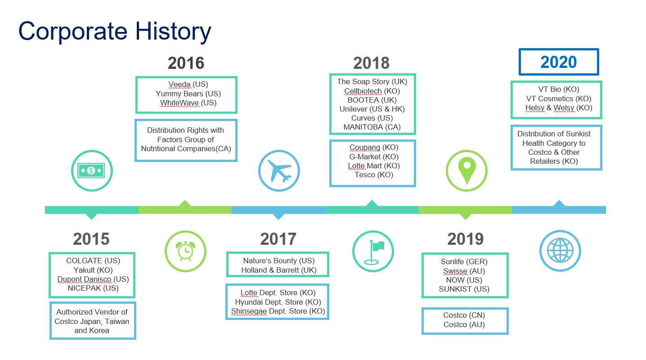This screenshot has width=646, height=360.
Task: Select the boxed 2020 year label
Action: pyautogui.click(x=559, y=62)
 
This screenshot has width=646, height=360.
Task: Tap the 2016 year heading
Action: pyautogui.click(x=186, y=63)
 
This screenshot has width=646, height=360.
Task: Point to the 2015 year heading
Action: pyautogui.click(x=91, y=239)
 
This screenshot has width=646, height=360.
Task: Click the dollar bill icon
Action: pyautogui.click(x=91, y=171)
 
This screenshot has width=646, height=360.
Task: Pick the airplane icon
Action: pyautogui.click(x=279, y=171)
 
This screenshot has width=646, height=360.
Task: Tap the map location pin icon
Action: pyautogui.click(x=467, y=171)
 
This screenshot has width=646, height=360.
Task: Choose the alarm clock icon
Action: pyautogui.click(x=185, y=251)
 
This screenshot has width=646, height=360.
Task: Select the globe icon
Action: pyautogui.click(x=560, y=250)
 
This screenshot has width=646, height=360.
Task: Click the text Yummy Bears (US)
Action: pyautogui.click(x=188, y=94)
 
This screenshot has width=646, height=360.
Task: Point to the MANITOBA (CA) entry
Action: pyautogui.click(x=372, y=127)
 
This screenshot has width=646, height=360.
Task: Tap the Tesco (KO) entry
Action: pyautogui.click(x=374, y=175)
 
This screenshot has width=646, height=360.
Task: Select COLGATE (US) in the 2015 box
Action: pyautogui.click(x=93, y=261)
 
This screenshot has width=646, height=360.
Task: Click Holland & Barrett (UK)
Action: pyautogui.click(x=278, y=270)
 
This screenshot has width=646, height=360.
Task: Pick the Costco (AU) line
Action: pyautogui.click(x=464, y=325)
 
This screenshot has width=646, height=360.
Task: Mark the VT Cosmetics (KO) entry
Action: pyautogui.click(x=559, y=99)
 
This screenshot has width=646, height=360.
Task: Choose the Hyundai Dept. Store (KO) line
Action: pyautogui.click(x=278, y=302)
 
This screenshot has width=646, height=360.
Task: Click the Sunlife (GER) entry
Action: pyautogui.click(x=464, y=261)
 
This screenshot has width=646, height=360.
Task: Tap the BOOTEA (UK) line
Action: pyautogui.click(x=372, y=100)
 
